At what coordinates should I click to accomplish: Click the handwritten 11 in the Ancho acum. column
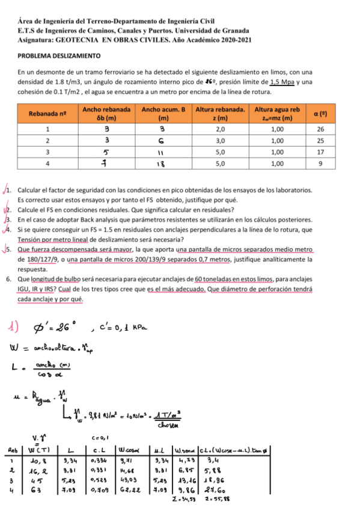point(163,152)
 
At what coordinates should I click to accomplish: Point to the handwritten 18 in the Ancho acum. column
point(163,164)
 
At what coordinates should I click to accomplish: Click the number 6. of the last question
point(7,279)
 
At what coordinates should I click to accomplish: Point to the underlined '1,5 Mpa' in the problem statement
point(282,82)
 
